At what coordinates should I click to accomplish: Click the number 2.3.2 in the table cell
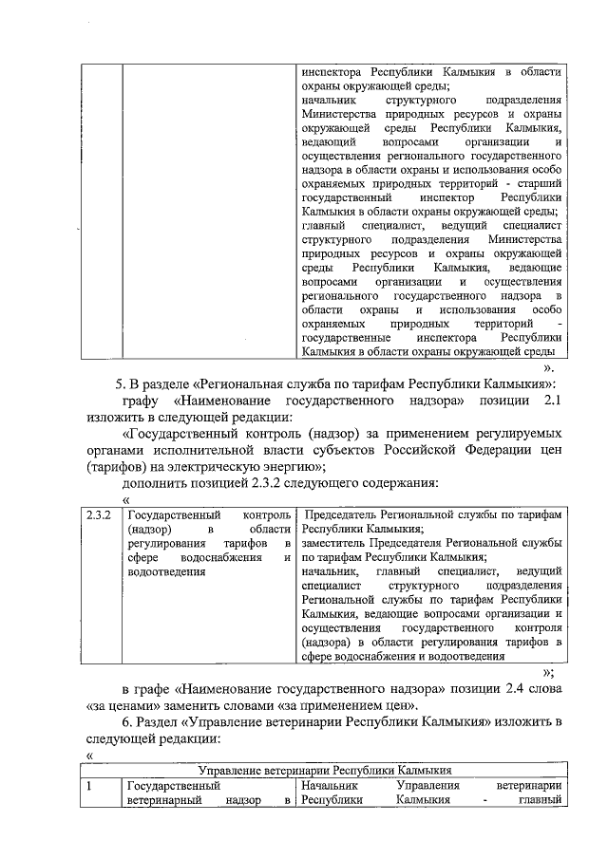pyautogui.click(x=98, y=514)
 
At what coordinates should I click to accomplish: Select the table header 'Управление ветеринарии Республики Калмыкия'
pyautogui.click(x=323, y=771)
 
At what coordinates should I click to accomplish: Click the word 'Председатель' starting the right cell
pyautogui.click(x=342, y=514)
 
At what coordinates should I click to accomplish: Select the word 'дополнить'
pyautogui.click(x=156, y=482)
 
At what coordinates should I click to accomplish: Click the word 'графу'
pyautogui.click(x=144, y=402)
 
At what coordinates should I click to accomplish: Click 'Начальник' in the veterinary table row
pyautogui.click(x=329, y=786)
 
